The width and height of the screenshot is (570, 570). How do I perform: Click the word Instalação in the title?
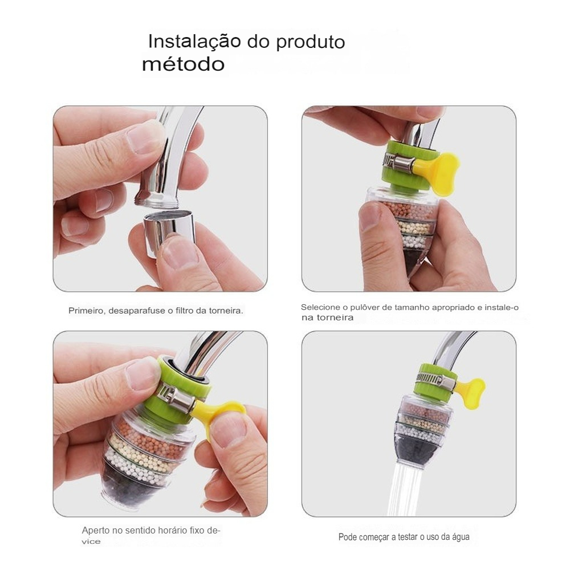194,41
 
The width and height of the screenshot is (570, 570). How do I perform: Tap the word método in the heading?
183,64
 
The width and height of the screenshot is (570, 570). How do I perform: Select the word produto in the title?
310,43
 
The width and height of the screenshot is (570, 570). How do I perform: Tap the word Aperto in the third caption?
95,530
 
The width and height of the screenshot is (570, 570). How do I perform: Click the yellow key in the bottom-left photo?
219,414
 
